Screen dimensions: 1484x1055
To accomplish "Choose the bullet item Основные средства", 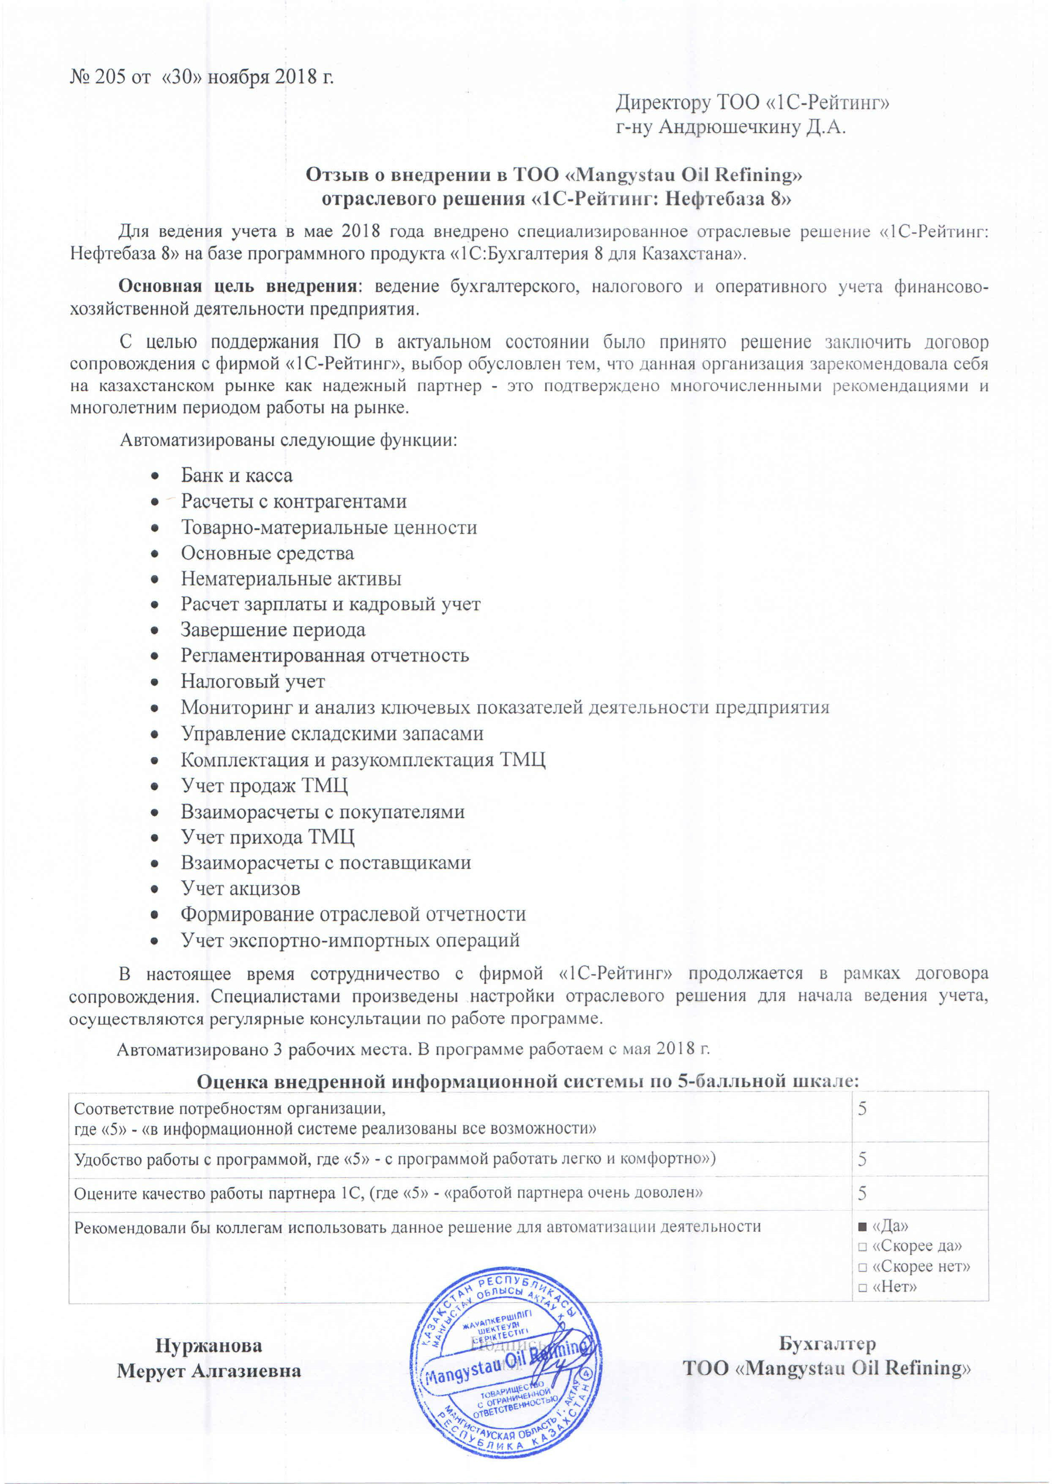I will pos(267,553).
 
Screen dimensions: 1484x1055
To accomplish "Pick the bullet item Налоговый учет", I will pos(253,681).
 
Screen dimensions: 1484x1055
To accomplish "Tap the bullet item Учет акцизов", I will pos(241,888).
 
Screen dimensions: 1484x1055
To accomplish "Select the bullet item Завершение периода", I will pos(273,630).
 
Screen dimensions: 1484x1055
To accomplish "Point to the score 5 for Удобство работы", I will pos(863,1160).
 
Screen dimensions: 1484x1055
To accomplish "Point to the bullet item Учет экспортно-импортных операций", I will pos(350,940).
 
